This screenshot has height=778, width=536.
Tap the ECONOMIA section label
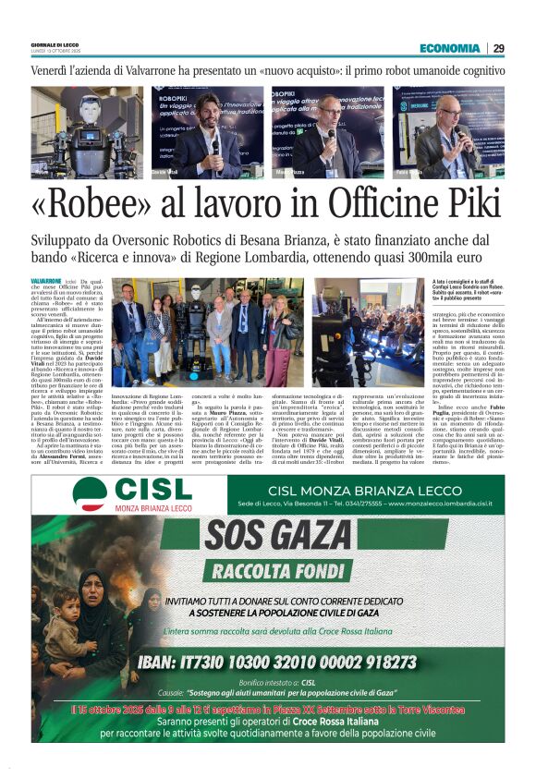449,48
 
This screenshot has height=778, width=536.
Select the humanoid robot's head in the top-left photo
89,106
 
